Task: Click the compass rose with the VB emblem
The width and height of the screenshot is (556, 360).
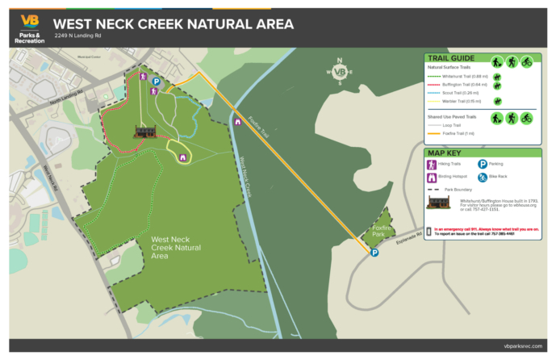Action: click(x=340, y=72)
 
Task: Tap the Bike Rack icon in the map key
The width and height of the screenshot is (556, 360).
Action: click(x=483, y=177)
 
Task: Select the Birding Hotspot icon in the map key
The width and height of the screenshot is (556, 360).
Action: click(x=432, y=177)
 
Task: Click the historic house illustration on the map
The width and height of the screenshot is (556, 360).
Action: click(x=145, y=131)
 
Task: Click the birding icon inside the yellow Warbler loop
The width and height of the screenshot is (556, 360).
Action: click(x=183, y=157)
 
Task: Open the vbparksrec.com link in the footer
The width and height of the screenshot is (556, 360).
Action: click(x=518, y=345)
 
